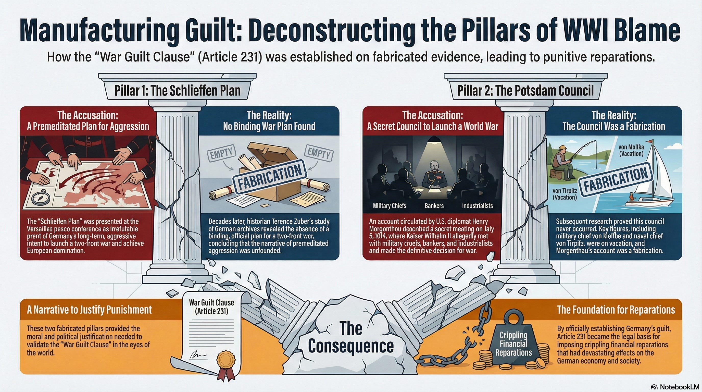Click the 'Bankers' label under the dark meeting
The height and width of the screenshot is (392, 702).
click(x=434, y=206)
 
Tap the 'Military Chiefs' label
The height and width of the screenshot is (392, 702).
click(x=390, y=206)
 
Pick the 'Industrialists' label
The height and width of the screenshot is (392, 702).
click(x=478, y=206)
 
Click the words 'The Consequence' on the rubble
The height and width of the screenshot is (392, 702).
click(x=351, y=337)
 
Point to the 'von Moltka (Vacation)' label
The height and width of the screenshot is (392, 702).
click(x=631, y=150)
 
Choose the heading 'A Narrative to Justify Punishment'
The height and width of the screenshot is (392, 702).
click(x=89, y=310)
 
